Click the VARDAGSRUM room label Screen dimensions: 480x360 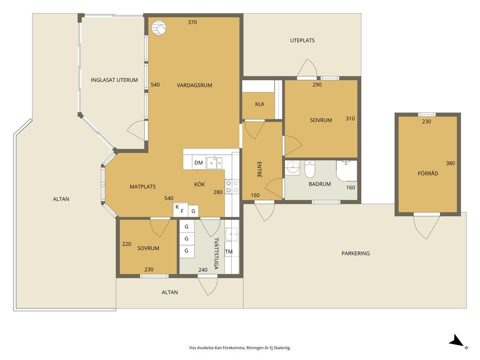point(195,85)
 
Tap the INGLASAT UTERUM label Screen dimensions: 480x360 point(114,80)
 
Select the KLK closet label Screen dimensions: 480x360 point(260,104)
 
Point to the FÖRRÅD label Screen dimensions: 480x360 point(428,173)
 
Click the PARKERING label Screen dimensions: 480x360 point(355,254)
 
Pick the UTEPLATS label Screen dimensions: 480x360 point(302,40)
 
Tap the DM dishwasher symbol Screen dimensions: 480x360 point(199,163)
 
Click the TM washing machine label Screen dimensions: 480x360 point(229,252)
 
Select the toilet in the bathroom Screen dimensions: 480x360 point(310,169)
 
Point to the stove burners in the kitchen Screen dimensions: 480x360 point(232,187)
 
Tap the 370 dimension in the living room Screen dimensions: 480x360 point(192,22)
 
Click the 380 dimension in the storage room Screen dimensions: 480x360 point(450,163)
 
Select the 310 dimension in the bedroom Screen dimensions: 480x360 point(350,119)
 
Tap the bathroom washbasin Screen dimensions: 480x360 point(292,167)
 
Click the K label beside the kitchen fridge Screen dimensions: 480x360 point(177,207)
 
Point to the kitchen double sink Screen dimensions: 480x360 point(214,163)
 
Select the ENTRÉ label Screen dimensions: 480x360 point(259,169)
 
